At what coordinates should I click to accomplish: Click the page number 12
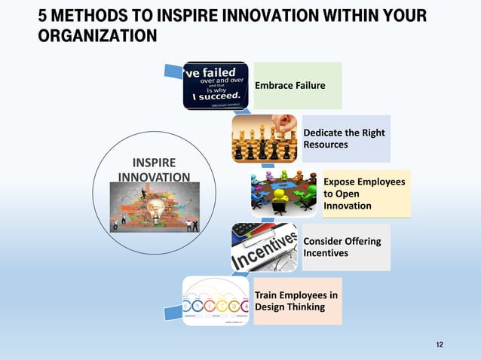[x=440, y=344]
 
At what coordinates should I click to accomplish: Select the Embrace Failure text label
[x=290, y=86]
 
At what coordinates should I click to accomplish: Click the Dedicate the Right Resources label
[x=344, y=138]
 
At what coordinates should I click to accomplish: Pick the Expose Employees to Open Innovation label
[x=364, y=194]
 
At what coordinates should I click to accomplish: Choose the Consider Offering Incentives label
[x=342, y=247]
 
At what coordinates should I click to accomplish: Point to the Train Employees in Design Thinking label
[x=296, y=301]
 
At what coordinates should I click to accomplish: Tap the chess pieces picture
[x=264, y=139]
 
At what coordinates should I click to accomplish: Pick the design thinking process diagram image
[x=216, y=300]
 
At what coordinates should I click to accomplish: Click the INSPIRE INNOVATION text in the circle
[x=154, y=169]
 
